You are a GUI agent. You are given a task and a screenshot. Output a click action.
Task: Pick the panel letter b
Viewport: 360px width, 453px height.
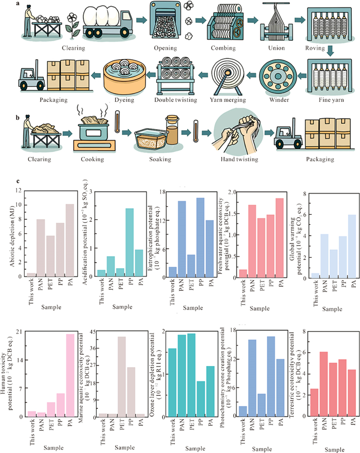coord(19,117)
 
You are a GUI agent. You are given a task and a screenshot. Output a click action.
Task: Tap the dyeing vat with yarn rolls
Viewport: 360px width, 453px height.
coord(123,76)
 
